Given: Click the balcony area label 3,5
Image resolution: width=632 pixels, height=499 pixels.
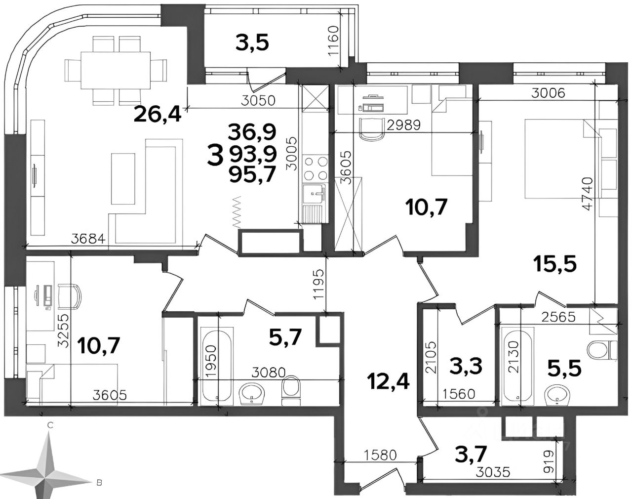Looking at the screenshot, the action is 252,44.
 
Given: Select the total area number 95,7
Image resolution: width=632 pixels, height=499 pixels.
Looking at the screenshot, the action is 253,174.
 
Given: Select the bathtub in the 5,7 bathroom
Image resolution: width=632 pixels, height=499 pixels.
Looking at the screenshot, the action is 217,365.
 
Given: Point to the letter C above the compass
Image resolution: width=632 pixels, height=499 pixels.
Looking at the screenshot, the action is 50,425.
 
